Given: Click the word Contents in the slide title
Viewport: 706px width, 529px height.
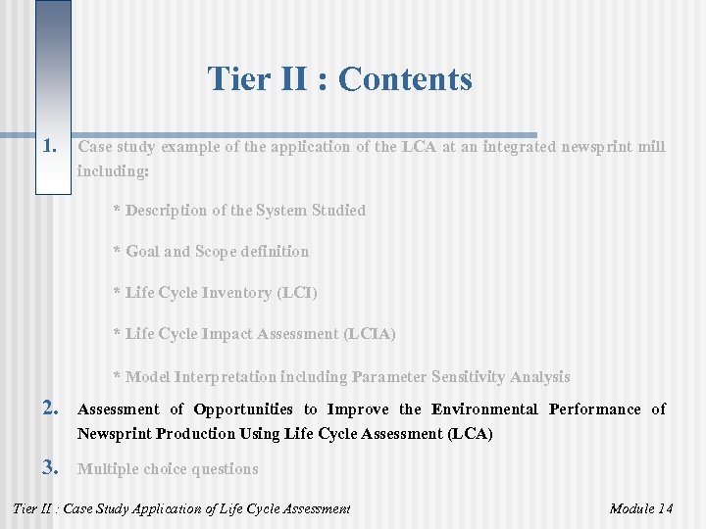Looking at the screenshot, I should [x=405, y=79].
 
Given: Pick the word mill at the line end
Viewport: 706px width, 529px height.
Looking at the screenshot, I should [x=650, y=147].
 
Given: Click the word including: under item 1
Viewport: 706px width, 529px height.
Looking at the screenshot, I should [x=113, y=170].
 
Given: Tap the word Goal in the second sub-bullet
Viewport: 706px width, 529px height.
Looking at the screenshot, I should [x=142, y=252].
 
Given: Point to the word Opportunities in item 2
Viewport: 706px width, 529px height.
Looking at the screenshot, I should [x=243, y=409].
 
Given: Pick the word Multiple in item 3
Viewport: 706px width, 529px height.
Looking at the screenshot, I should [x=106, y=469].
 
